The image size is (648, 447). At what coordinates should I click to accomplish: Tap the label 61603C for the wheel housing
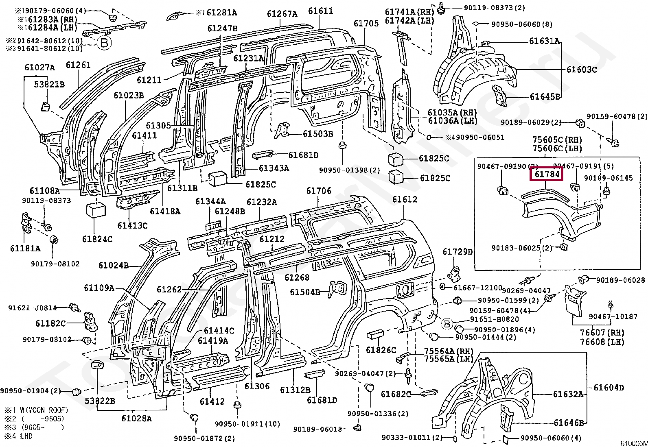tap(581, 70)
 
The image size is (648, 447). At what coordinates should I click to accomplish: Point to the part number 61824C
tap(97, 239)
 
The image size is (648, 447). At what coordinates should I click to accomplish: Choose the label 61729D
tap(458, 252)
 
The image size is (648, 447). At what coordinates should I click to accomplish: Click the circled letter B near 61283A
tap(104, 43)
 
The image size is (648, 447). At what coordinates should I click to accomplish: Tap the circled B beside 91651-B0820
tap(447, 324)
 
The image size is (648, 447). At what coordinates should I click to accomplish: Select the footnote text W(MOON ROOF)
tap(42, 410)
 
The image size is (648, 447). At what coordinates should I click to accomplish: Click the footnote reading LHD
tap(25, 436)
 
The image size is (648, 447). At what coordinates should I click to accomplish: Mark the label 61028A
tap(136, 418)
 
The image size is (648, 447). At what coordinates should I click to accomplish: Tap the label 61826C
tap(381, 350)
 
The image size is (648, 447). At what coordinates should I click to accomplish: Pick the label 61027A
tap(39, 68)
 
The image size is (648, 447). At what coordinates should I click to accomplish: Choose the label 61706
tap(319, 191)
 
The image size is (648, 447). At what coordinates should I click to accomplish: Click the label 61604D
tap(609, 387)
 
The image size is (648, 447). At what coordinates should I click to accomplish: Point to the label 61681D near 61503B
tap(303, 155)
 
